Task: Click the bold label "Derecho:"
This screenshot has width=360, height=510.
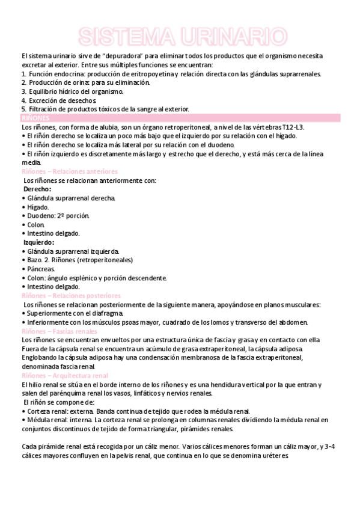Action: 37,189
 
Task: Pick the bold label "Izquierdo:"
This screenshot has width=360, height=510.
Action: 39,242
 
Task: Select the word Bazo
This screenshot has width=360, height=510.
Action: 35,260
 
